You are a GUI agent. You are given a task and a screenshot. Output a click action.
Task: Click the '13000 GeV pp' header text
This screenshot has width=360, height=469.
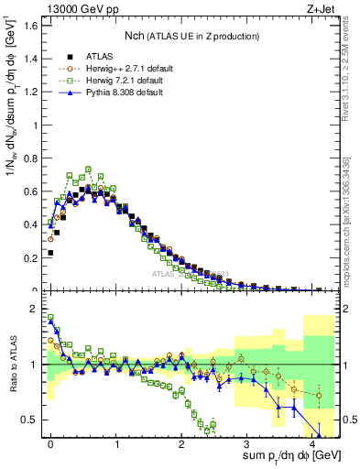pyautogui.click(x=73, y=8)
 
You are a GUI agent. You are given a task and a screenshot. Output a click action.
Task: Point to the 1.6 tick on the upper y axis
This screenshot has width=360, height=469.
pyautogui.click(x=31, y=25)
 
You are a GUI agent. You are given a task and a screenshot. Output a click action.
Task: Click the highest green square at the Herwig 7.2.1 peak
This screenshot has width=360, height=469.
pyautogui.click(x=89, y=169)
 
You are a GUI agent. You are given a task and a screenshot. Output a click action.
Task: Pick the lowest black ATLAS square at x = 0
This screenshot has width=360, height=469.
pyautogui.click(x=50, y=252)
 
